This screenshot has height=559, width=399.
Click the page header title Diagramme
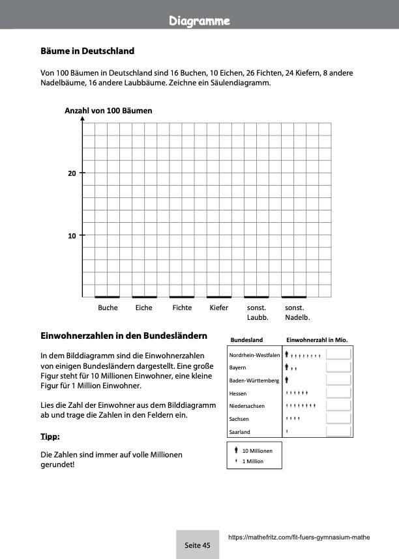click(x=199, y=21)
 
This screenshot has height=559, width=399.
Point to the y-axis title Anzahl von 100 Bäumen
click(x=108, y=111)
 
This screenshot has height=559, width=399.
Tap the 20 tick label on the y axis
click(x=72, y=173)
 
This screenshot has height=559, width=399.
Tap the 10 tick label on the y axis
click(x=72, y=236)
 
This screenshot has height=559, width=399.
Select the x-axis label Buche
click(x=108, y=308)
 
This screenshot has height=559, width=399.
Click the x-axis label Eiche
click(x=143, y=308)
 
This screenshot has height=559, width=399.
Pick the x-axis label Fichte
click(x=182, y=308)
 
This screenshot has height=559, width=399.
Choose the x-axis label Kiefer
click(x=219, y=308)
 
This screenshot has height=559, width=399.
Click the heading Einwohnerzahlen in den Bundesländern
click(x=124, y=337)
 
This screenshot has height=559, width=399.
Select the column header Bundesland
click(x=247, y=340)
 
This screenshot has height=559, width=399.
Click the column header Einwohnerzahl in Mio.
click(x=317, y=340)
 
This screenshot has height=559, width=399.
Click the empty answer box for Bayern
click(x=338, y=367)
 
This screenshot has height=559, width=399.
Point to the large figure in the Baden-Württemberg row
click(x=287, y=380)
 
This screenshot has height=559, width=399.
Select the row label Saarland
click(x=240, y=432)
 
